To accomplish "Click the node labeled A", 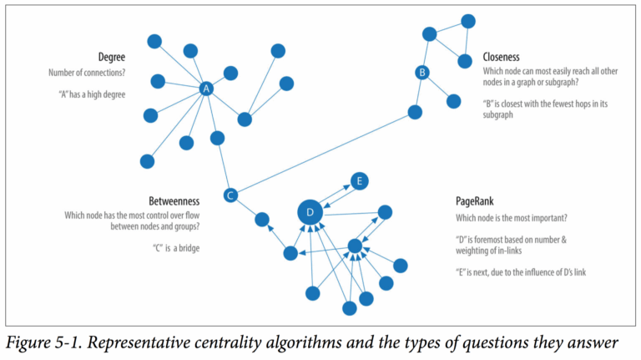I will (x=206, y=89).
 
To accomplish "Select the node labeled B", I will (x=422, y=74).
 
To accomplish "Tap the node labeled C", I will (x=231, y=195).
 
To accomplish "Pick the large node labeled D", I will (x=310, y=213).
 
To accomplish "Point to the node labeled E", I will (x=358, y=180).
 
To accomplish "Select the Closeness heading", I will (x=501, y=58).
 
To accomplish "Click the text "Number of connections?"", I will (x=87, y=74).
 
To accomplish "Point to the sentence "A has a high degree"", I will (x=87, y=94).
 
